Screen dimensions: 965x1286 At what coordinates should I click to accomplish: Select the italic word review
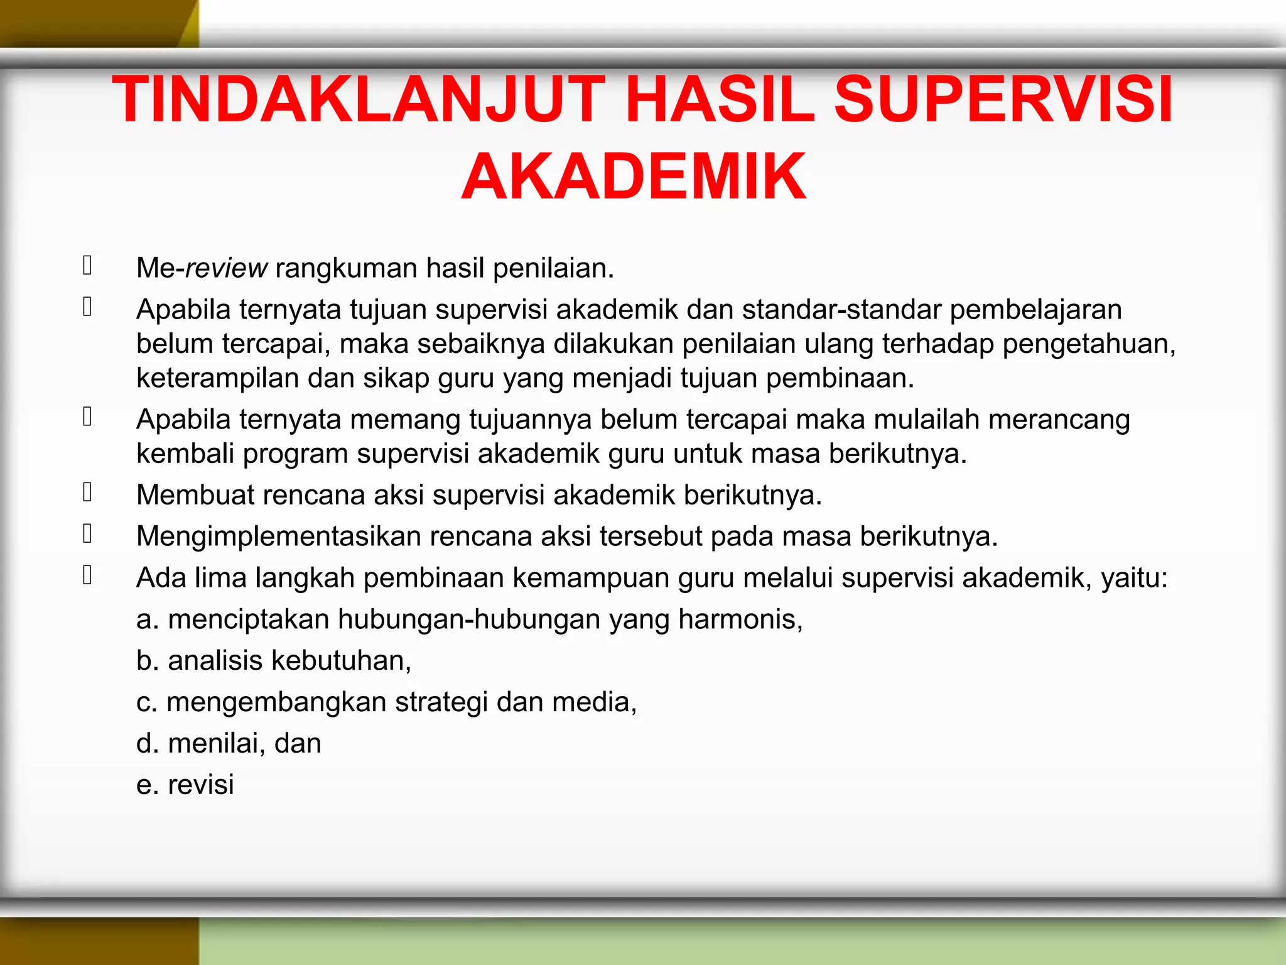227,268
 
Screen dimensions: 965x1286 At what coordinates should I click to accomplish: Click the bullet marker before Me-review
87,266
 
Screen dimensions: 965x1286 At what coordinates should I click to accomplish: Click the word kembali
185,454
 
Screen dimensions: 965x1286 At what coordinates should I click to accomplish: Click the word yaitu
1132,578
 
